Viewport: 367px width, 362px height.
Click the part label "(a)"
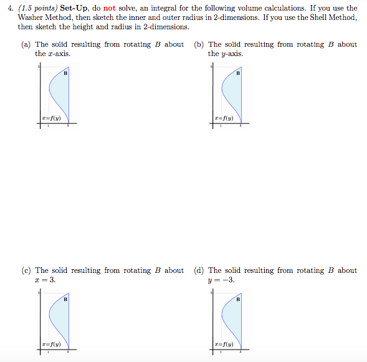tap(27, 44)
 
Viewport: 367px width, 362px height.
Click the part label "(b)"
tap(199, 44)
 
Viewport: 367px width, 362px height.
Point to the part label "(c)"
tap(27, 270)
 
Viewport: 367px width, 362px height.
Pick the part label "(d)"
tap(199, 270)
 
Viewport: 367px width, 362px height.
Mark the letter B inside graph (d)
tap(237, 300)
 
